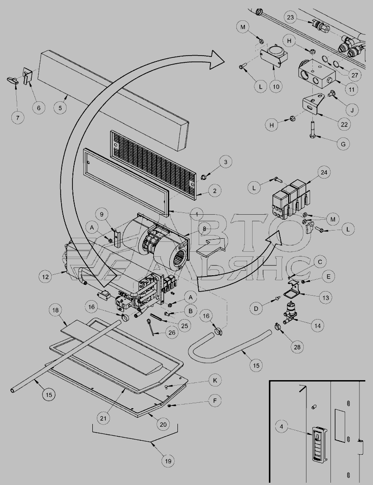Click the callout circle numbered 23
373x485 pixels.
[x=290, y=17]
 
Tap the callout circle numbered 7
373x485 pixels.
[x=18, y=118]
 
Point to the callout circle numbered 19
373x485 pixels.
[x=168, y=461]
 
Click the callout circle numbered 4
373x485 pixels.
[x=281, y=427]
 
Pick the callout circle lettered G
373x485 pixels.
[x=343, y=144]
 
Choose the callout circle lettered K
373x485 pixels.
[x=215, y=381]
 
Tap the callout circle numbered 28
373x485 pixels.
[x=297, y=347]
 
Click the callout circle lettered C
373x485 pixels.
[x=320, y=262]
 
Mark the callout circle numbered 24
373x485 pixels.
[x=324, y=172]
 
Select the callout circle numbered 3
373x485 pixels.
[x=225, y=162]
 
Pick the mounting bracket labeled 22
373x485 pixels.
[x=313, y=104]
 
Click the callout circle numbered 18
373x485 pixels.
[x=56, y=310]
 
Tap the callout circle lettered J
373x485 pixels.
[x=352, y=110]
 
